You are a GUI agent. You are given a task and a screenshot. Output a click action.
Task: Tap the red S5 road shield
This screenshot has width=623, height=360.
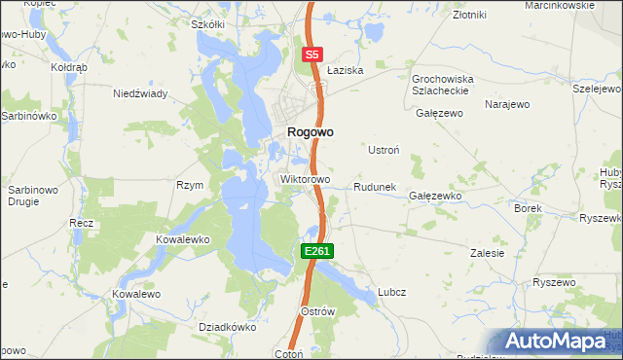(311, 55)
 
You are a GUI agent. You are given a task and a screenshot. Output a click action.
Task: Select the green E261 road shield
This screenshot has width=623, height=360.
(317, 251)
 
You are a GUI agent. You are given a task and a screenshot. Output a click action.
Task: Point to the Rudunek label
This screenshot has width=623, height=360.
(374, 186)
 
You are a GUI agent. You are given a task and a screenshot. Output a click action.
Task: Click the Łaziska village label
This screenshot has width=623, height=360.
(345, 71)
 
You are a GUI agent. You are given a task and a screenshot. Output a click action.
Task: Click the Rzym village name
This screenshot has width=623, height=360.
(189, 185)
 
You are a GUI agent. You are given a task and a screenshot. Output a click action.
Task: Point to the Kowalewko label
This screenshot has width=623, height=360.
(183, 238)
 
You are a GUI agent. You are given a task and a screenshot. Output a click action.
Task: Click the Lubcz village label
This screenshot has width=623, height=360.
(391, 292)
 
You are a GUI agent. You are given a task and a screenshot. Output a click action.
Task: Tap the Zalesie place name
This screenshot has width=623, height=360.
(488, 253)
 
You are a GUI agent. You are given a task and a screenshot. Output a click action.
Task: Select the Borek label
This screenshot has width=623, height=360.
(528, 208)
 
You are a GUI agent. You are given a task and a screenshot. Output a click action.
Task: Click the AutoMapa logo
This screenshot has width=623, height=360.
(557, 342)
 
